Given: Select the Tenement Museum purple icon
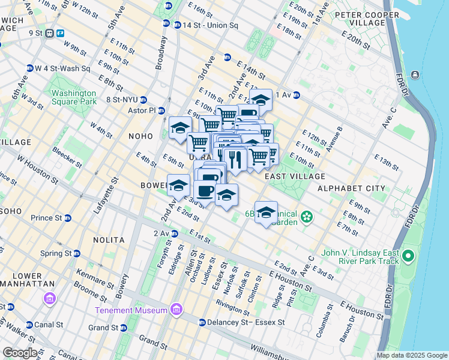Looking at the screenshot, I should click(176, 310).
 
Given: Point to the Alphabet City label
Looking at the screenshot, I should click(351, 188).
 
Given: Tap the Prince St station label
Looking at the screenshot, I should click(47, 218).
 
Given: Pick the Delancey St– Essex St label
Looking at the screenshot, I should click(245, 322).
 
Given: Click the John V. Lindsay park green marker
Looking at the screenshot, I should click(408, 257).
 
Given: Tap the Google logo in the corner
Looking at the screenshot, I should click(20, 353).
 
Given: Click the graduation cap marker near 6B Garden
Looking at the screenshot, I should click(266, 212).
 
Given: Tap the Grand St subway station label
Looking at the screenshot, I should click(103, 328).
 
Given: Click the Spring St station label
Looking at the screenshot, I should click(56, 254).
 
